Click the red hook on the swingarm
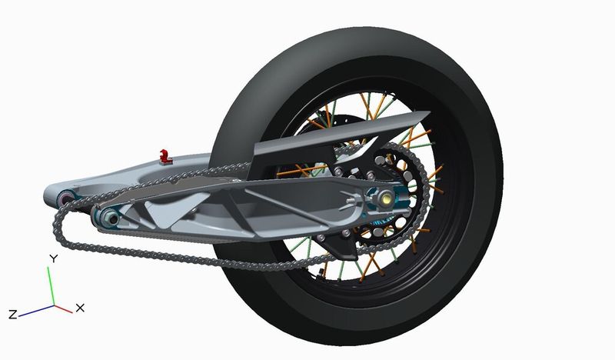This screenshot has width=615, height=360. [x=165, y=156]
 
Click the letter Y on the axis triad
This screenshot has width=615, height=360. [x=54, y=258]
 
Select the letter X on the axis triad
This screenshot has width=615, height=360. [x=80, y=308]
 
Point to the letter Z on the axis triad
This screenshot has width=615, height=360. [x=13, y=315]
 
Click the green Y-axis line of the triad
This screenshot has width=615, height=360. [x=51, y=286]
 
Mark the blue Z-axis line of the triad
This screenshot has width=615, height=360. [x=36, y=311]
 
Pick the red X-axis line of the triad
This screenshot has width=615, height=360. [x=64, y=309]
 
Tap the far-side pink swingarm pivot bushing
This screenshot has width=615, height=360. [x=66, y=198]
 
